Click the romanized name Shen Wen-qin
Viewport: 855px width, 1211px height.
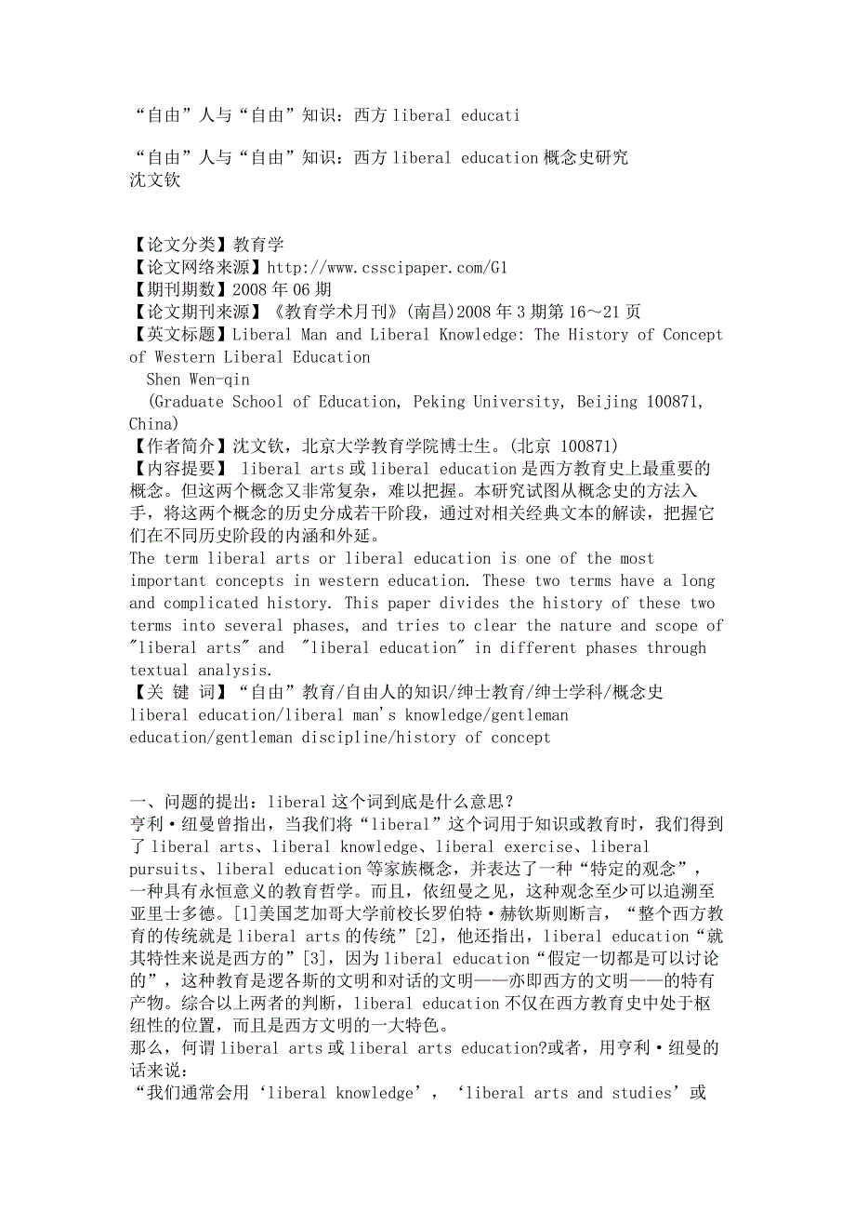click(x=198, y=379)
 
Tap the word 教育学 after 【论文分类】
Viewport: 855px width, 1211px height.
click(x=258, y=246)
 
